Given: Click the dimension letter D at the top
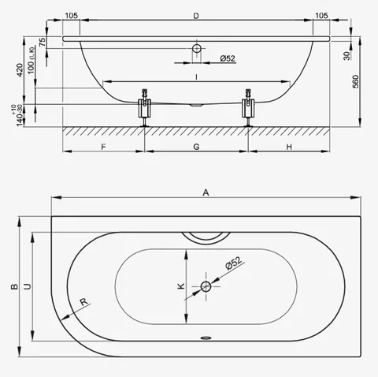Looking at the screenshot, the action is pos(196,16).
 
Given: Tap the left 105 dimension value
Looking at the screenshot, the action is pos(72,16).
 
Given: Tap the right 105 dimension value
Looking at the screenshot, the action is pos(321,16).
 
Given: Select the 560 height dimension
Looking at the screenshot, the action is pos(355,81).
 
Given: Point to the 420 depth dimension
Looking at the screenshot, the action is pos(20,69).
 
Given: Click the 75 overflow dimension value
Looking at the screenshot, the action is pos(42,42).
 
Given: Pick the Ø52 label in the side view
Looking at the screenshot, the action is pos(228,58).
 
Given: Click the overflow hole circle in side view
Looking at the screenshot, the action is pos(197,48).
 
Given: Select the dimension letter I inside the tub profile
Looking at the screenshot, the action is pos(196,77).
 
